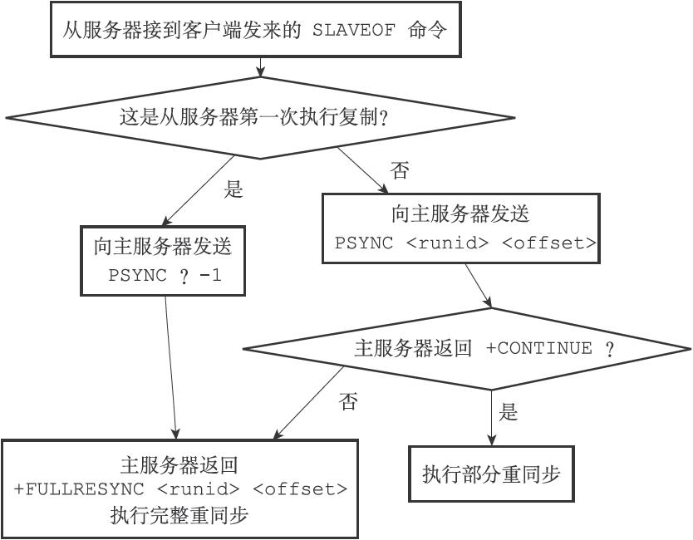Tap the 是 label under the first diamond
233,189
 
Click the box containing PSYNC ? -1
164,260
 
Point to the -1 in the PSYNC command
211,275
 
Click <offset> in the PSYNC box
549,243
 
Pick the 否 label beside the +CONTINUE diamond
348,401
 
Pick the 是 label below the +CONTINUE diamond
509,411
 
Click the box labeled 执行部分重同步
491,474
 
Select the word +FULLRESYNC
80,488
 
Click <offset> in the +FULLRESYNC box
301,488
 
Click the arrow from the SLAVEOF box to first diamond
261,67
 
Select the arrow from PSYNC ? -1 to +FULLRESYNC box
170,366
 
